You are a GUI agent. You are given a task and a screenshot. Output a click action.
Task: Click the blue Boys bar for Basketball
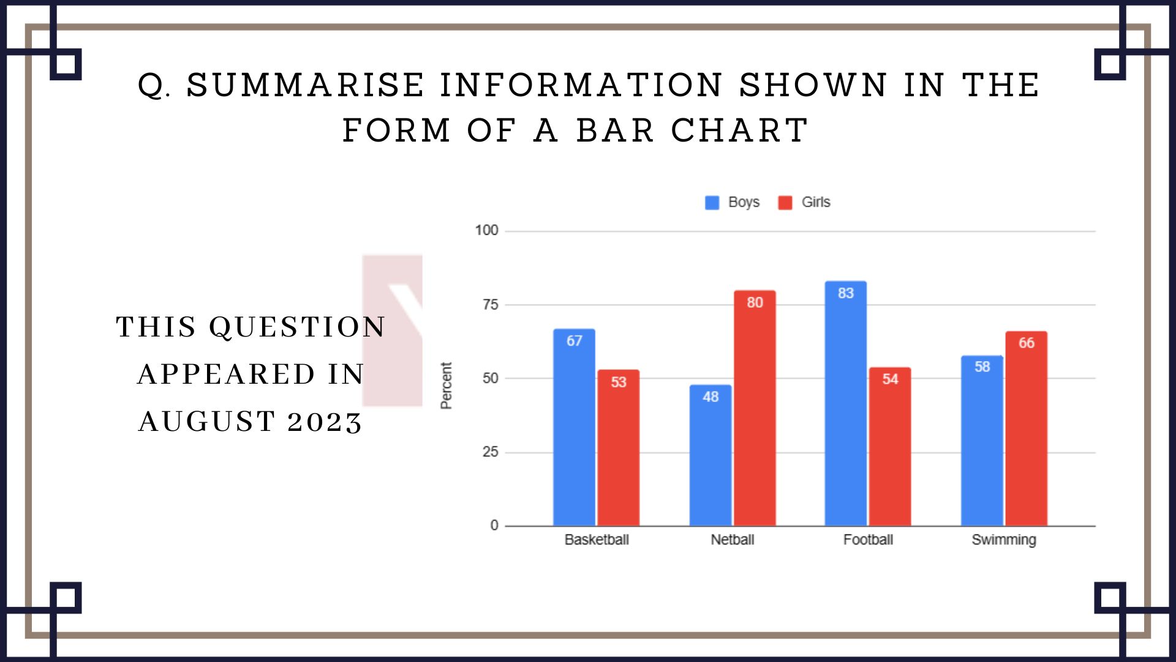[574, 429]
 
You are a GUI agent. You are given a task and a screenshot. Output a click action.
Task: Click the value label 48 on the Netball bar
[710, 397]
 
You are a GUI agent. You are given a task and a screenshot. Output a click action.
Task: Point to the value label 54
[890, 379]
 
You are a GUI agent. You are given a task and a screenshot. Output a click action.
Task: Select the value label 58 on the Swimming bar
[982, 367]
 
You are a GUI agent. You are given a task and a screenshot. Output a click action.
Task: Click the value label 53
[619, 382]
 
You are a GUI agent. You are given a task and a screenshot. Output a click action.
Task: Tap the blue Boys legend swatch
[712, 203]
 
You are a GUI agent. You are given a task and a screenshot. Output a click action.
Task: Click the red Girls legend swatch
[785, 203]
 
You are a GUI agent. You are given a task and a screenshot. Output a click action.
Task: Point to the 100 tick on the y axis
[486, 230]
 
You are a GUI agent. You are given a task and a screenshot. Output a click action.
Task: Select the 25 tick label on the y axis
[490, 452]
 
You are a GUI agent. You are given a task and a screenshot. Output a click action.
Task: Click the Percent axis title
[446, 386]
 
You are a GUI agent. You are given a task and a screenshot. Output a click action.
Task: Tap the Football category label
[868, 540]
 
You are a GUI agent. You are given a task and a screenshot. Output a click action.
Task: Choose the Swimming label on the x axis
[1003, 540]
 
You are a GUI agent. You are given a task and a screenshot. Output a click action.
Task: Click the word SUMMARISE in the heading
[305, 85]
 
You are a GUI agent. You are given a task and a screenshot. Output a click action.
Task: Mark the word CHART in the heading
[739, 131]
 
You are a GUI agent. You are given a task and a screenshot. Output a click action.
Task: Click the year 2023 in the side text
[325, 422]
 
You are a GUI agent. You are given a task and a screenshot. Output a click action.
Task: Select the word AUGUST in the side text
[207, 422]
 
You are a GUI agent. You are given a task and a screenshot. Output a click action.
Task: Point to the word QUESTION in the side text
[297, 327]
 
